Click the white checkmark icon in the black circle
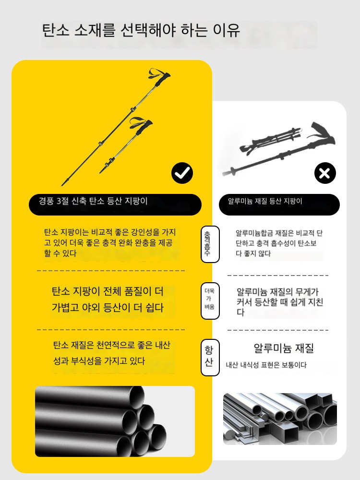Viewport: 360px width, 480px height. pyautogui.click(x=182, y=173)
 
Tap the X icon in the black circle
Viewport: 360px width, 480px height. pyautogui.click(x=325, y=173)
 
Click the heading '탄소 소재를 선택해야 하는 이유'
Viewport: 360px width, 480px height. pyautogui.click(x=141, y=30)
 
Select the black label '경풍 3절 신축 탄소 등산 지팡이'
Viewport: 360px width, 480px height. pyautogui.click(x=115, y=204)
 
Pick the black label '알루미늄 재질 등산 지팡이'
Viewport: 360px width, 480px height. pyautogui.click(x=279, y=204)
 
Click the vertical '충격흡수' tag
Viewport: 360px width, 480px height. pyautogui.click(x=210, y=244)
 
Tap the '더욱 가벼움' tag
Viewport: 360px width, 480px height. pyautogui.click(x=210, y=301)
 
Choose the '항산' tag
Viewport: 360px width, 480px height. pyautogui.click(x=210, y=357)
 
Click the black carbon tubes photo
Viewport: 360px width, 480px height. pyautogui.click(x=115, y=421)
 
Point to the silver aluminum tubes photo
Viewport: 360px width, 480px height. pyautogui.click(x=280, y=419)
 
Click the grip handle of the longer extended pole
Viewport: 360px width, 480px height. pyautogui.click(x=162, y=79)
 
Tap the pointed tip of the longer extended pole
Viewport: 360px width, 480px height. pyautogui.click(x=63, y=184)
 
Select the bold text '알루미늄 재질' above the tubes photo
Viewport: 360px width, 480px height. pyautogui.click(x=284, y=348)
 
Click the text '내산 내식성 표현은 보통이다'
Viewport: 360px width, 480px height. pyautogui.click(x=266, y=365)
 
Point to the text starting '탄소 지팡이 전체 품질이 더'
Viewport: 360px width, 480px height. pyautogui.click(x=108, y=299)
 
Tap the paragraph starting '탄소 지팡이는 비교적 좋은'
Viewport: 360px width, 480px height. pyautogui.click(x=110, y=243)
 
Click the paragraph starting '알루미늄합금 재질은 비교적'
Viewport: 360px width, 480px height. pyautogui.click(x=279, y=243)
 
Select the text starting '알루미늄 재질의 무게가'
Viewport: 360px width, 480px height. pyautogui.click(x=280, y=302)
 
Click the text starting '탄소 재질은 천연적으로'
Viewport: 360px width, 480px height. pyautogui.click(x=111, y=353)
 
